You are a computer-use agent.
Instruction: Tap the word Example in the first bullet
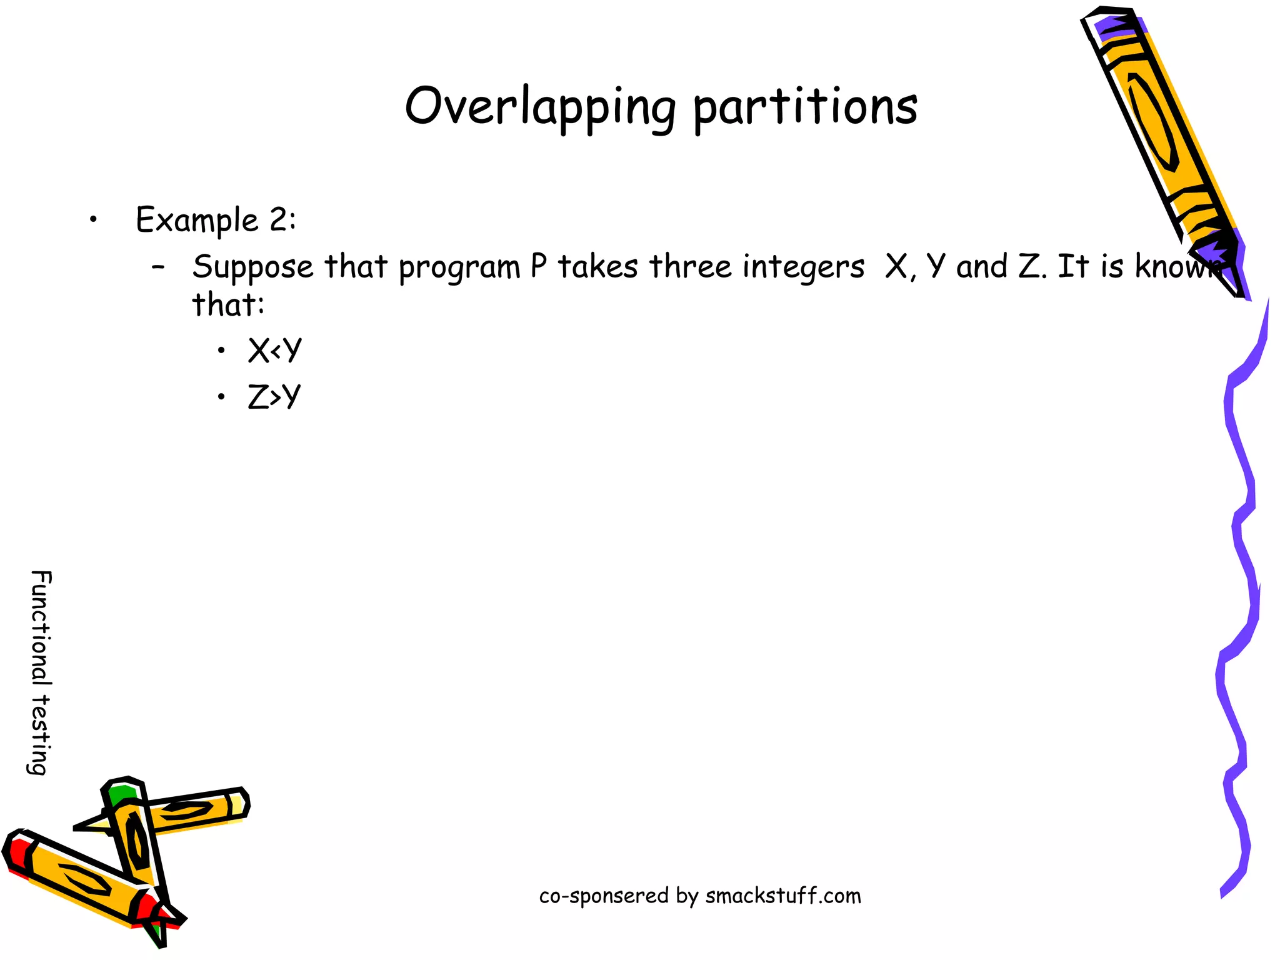197,220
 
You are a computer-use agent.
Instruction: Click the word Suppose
252,267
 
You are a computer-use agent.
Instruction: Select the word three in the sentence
691,266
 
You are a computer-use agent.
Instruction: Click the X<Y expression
274,350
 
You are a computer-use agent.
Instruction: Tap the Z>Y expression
274,397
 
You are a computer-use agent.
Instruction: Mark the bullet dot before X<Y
221,351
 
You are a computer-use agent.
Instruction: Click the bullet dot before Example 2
93,219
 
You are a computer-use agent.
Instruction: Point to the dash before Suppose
159,267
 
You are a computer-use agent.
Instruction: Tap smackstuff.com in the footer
783,896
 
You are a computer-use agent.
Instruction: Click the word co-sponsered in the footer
604,896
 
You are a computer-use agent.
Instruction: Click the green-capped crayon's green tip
120,795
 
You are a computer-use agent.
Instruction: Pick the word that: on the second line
228,305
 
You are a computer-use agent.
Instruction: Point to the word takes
597,266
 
